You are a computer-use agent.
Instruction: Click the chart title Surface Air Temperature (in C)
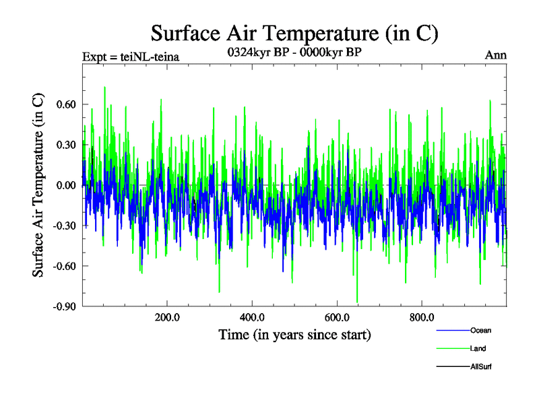click(294, 33)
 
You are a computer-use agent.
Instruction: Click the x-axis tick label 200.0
click(166, 318)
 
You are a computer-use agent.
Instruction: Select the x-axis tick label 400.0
click(251, 318)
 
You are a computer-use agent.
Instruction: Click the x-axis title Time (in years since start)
click(294, 335)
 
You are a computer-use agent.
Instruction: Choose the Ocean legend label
click(480, 330)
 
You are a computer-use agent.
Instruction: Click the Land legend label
click(478, 348)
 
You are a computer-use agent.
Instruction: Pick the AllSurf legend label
click(481, 366)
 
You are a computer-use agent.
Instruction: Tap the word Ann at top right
click(496, 55)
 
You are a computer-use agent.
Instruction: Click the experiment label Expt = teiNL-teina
click(130, 56)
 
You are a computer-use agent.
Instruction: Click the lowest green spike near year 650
click(357, 301)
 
